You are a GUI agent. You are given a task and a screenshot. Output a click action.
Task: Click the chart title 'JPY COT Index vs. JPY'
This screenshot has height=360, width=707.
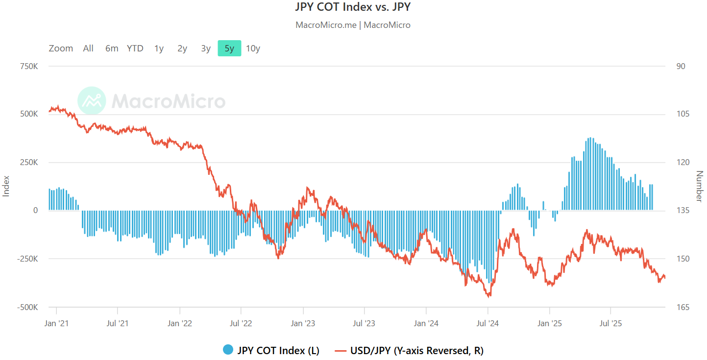point(353,7)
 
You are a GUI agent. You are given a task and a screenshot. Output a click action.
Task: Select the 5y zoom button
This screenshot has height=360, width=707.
point(229,48)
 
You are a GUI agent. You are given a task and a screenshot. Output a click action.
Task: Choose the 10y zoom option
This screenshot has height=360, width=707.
point(253,48)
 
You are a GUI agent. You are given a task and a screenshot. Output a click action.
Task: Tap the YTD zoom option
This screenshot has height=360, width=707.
point(135,48)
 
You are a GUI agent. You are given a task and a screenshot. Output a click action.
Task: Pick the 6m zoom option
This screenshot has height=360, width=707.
point(112,48)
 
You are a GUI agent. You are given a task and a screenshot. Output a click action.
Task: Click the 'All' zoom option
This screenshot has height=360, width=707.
point(88,48)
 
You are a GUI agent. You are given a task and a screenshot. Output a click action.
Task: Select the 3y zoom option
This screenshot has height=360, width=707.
point(206,48)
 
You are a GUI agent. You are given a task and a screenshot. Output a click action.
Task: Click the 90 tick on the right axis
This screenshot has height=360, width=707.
point(681,66)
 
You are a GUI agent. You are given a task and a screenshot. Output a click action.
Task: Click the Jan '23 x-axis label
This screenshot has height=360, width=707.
point(303,323)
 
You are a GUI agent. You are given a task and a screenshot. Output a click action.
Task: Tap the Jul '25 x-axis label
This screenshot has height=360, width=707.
point(611,323)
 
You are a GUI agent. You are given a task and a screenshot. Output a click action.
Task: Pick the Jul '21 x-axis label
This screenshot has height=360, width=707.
point(118,323)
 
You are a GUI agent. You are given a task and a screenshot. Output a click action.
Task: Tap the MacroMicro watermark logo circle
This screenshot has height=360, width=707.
point(92,101)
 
